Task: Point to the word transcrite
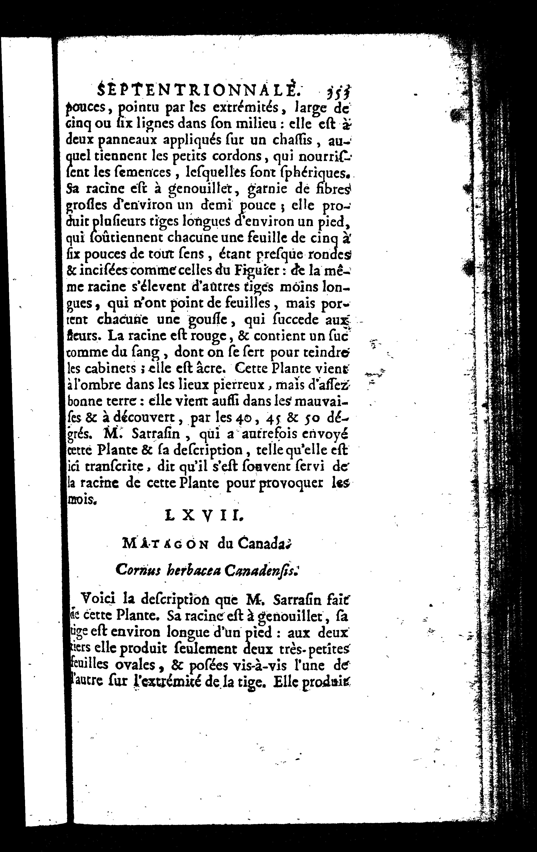(x=111, y=467)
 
